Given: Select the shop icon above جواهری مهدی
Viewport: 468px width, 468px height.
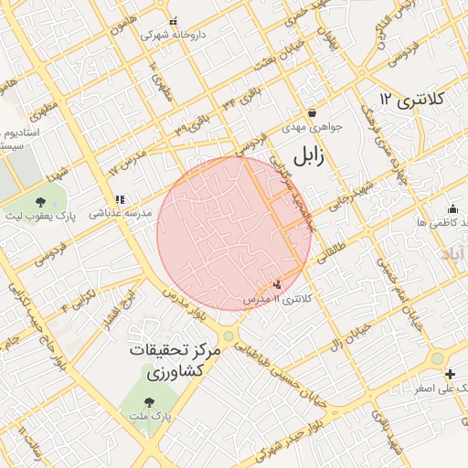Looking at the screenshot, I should pos(312,113).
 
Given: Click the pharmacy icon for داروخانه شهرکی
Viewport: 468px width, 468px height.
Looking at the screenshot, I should pos(174,20).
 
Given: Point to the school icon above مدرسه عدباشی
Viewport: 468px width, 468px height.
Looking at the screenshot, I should pos(119,198).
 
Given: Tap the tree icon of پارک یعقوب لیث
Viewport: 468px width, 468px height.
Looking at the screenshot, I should pos(40,202).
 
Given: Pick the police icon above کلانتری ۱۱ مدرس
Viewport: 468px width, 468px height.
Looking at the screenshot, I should pos(278,285).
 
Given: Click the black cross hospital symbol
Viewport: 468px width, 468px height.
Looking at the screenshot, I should pos(450,374).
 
